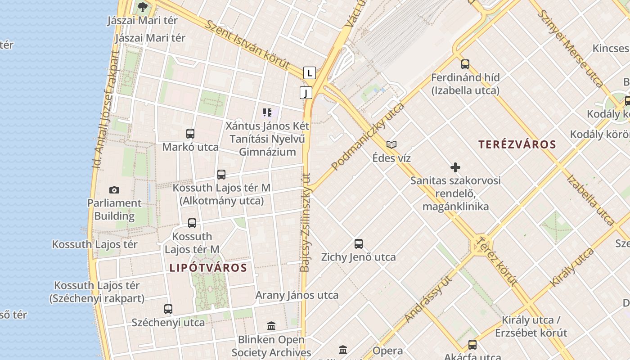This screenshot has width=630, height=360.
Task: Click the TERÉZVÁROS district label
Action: [517, 144]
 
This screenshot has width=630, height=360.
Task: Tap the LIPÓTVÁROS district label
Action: [208, 268]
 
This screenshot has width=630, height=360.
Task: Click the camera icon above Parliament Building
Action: [114, 190]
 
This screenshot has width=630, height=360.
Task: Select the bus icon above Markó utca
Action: [190, 134]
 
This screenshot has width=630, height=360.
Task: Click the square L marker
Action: [309, 72]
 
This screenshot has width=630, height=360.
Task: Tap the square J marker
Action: [306, 93]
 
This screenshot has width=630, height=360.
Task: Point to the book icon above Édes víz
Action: [391, 144]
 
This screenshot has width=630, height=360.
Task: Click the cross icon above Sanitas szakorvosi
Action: [455, 167]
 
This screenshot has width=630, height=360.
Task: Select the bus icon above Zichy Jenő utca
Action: [359, 244]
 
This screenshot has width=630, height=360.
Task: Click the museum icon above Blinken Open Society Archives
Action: [271, 326]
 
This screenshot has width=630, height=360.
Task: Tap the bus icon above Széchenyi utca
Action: [168, 309]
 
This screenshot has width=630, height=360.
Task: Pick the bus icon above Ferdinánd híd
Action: [465, 64]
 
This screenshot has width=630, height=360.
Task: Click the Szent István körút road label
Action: [247, 44]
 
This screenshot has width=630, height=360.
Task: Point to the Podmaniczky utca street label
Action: [368, 136]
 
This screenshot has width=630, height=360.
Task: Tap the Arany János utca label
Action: [297, 295]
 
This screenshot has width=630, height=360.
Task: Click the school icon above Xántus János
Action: [267, 112]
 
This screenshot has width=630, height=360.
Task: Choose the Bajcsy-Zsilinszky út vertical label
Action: [305, 222]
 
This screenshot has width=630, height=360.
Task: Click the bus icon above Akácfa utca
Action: [472, 345]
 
